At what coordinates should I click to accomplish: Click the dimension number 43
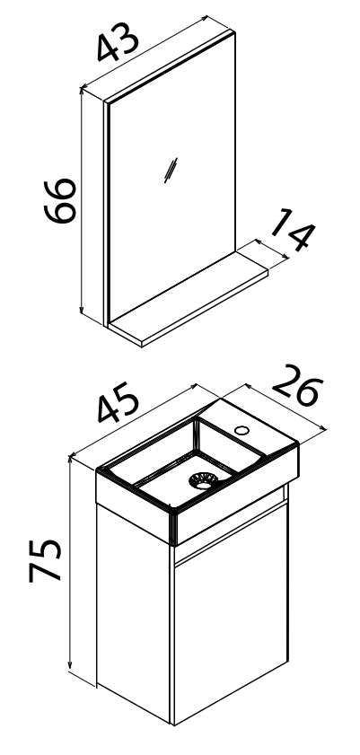(118, 42)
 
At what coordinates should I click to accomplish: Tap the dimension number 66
(59, 200)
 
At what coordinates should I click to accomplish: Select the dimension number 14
(293, 229)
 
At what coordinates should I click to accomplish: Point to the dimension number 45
(119, 402)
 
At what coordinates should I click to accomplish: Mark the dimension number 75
(45, 560)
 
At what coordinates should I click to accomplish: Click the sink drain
(203, 480)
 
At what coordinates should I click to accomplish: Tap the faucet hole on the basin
(241, 429)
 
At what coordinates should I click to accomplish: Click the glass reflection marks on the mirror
(171, 170)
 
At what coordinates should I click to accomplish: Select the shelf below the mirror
(189, 297)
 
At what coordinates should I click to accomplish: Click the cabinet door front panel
(231, 611)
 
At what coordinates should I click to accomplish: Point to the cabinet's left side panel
(133, 611)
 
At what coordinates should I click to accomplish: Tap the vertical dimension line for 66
(82, 200)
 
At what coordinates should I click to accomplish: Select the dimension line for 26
(285, 406)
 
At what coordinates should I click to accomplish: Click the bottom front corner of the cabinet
(172, 724)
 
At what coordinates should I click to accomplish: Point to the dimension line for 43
(145, 52)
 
